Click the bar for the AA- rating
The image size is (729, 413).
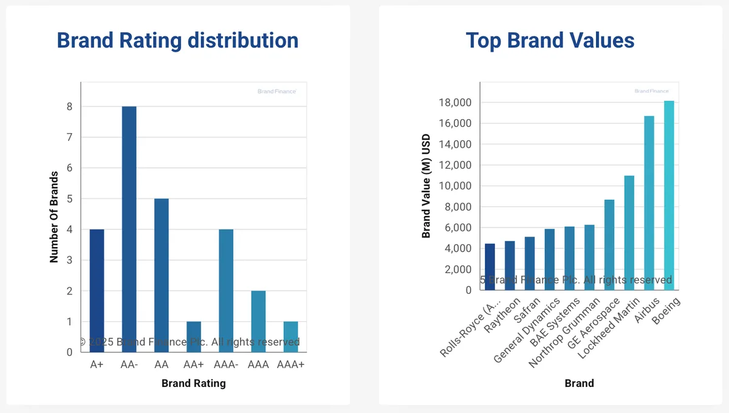(129, 229)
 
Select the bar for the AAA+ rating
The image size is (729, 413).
(290, 336)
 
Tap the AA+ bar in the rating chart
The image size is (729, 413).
(193, 336)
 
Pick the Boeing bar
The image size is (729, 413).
(669, 195)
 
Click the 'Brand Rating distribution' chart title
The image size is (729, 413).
(177, 40)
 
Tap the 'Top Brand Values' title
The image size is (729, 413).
(550, 40)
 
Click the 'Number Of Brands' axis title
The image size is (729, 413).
(54, 217)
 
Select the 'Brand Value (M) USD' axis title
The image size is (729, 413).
(426, 186)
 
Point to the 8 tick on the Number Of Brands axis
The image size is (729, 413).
(70, 106)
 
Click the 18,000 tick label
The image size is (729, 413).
(454, 103)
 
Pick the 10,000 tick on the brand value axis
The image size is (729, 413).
(454, 186)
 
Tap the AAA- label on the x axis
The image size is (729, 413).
(226, 364)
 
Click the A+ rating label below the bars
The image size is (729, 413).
(97, 364)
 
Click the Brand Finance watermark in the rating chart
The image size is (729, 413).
(276, 91)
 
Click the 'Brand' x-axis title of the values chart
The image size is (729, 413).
(579, 383)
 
